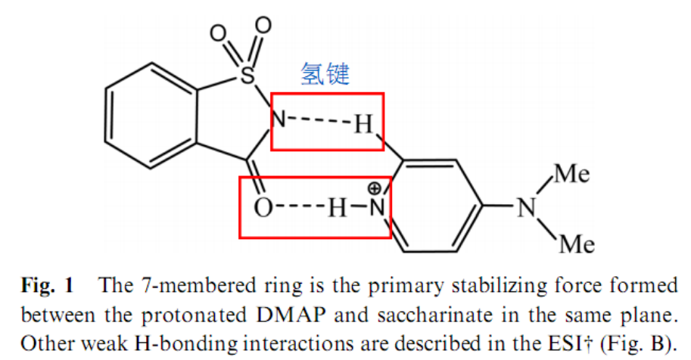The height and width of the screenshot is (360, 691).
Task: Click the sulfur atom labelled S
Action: pos(247,74)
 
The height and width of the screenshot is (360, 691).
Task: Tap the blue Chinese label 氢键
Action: pos(325,73)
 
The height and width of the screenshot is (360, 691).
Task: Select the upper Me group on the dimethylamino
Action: pos(572,173)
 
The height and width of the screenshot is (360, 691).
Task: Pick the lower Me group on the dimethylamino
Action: pos(577,244)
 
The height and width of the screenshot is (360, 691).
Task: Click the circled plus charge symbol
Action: pos(374,189)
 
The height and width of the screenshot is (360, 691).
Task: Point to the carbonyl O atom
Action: pos(263,207)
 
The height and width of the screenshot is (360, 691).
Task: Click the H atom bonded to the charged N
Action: pos(337,207)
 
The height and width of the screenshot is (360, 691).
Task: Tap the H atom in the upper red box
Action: pos(364,124)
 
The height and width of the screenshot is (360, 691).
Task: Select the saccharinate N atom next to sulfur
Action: pos(279,119)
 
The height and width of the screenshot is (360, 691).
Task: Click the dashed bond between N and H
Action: pos(320,120)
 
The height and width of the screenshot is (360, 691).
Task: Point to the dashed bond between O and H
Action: pos(300,207)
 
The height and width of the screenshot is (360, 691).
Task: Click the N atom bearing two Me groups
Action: pos(527,207)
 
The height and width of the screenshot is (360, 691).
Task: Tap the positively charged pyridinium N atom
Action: pos(377,207)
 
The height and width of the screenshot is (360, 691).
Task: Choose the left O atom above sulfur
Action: pos(218,33)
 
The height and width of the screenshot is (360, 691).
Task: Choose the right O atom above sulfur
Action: pos(263,25)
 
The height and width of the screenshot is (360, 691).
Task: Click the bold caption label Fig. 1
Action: pos(48,286)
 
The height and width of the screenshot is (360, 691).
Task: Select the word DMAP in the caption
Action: pos(291,315)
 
